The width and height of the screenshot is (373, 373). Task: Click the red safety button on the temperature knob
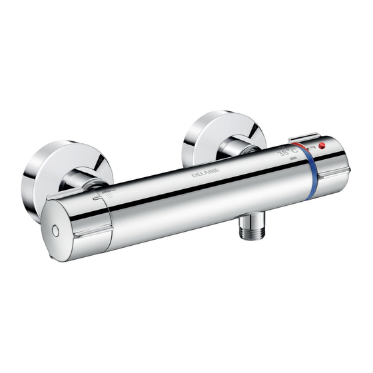[x=322, y=145]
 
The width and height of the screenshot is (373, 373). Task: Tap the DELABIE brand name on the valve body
[x=206, y=173]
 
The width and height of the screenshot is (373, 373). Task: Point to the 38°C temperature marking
[x=288, y=152]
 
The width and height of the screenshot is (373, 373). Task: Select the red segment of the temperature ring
[x=299, y=147]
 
